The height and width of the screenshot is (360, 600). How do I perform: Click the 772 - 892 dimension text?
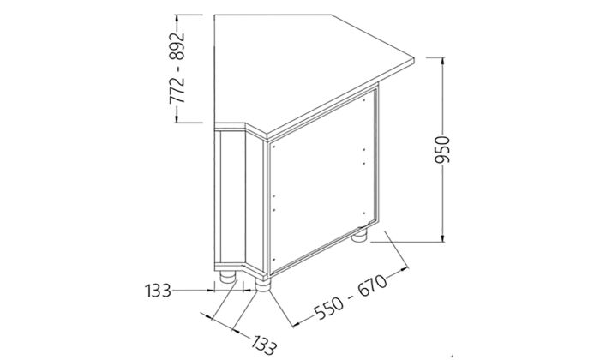[178, 69]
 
